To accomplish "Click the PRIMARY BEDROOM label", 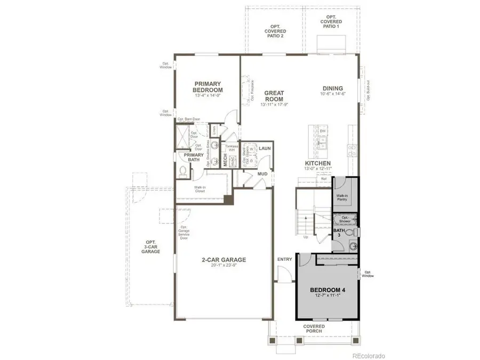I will pyautogui.click(x=208, y=87).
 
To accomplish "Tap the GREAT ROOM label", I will pyautogui.click(x=274, y=97).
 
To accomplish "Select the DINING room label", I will pyautogui.click(x=332, y=89).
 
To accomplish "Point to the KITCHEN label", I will pyautogui.click(x=318, y=163).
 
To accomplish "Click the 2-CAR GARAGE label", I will pyautogui.click(x=223, y=260).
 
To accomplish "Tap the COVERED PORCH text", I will pyautogui.click(x=314, y=329).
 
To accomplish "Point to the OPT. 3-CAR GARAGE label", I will pyautogui.click(x=151, y=246).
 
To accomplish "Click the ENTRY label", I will pyautogui.click(x=284, y=259).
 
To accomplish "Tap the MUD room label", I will pyautogui.click(x=262, y=174).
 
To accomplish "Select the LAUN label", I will pyautogui.click(x=265, y=148).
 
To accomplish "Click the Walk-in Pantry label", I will pyautogui.click(x=342, y=198).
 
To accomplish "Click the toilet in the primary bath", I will pyautogui.click(x=183, y=170).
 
